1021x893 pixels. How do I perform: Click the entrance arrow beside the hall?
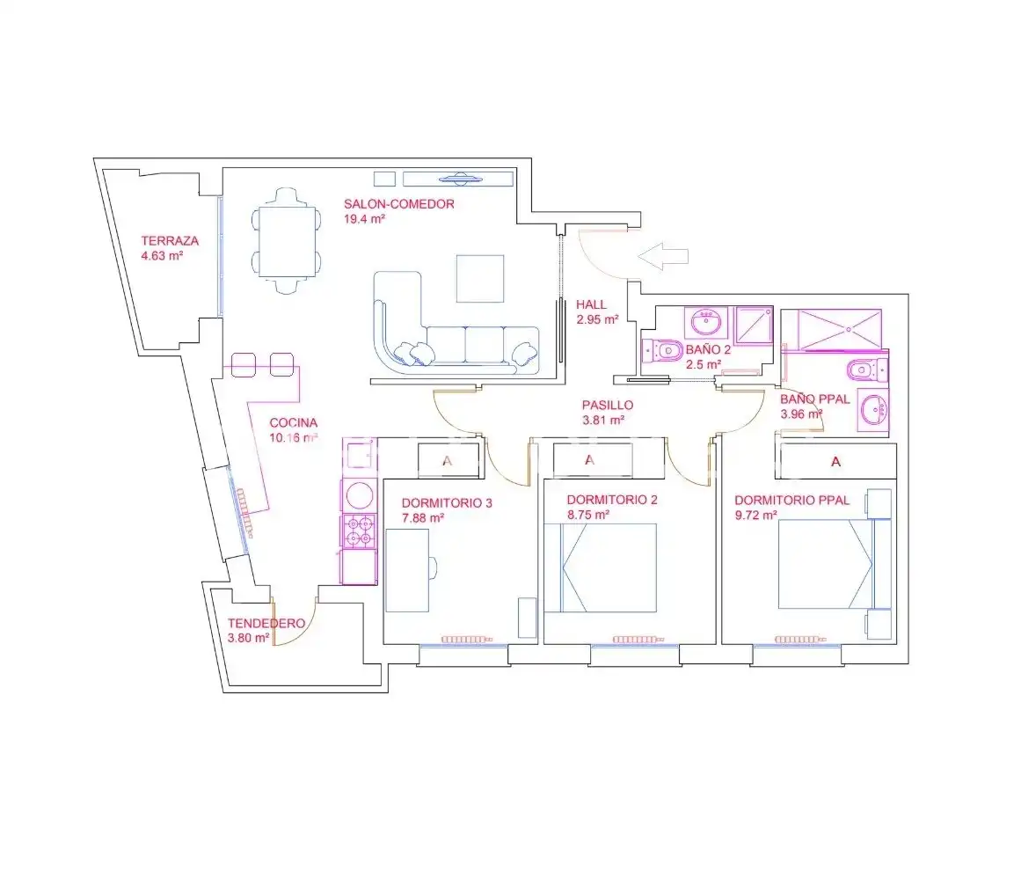[x=663, y=257]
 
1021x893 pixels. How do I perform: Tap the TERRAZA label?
[x=170, y=241]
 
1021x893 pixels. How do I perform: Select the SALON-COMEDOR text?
[x=399, y=204]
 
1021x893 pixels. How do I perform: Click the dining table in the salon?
[x=287, y=241]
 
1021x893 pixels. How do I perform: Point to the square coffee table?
[x=480, y=279]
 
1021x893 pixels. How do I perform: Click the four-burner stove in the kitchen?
[x=359, y=531]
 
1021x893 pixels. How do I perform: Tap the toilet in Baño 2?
[x=662, y=351]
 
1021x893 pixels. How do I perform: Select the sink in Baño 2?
[x=706, y=322]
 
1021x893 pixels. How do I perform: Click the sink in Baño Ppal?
[x=872, y=410]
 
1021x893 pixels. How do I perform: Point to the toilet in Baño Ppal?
[x=867, y=370]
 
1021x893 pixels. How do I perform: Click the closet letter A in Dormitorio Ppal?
[x=836, y=462]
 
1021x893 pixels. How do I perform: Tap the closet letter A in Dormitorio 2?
[x=590, y=460]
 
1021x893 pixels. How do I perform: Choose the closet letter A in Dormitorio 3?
[x=448, y=461]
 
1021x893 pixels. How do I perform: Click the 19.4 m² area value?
[x=365, y=219]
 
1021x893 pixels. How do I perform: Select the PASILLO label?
[x=608, y=405]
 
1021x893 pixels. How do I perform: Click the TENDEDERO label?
[x=266, y=624]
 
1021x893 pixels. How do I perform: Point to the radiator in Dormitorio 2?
[x=638, y=640]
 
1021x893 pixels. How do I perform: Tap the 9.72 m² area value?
[x=756, y=516]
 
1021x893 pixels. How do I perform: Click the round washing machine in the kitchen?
[x=359, y=495]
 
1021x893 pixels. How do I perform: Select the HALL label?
[x=591, y=304]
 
